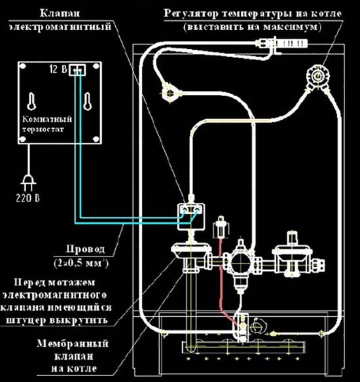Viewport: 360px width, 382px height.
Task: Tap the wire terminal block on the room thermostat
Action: tap(77, 69)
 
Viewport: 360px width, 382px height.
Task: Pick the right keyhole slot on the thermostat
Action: tap(86, 100)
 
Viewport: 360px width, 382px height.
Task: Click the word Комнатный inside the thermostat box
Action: tap(43, 120)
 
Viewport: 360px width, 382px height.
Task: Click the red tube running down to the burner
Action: tap(224, 275)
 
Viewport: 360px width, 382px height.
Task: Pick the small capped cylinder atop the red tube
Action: tap(219, 228)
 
